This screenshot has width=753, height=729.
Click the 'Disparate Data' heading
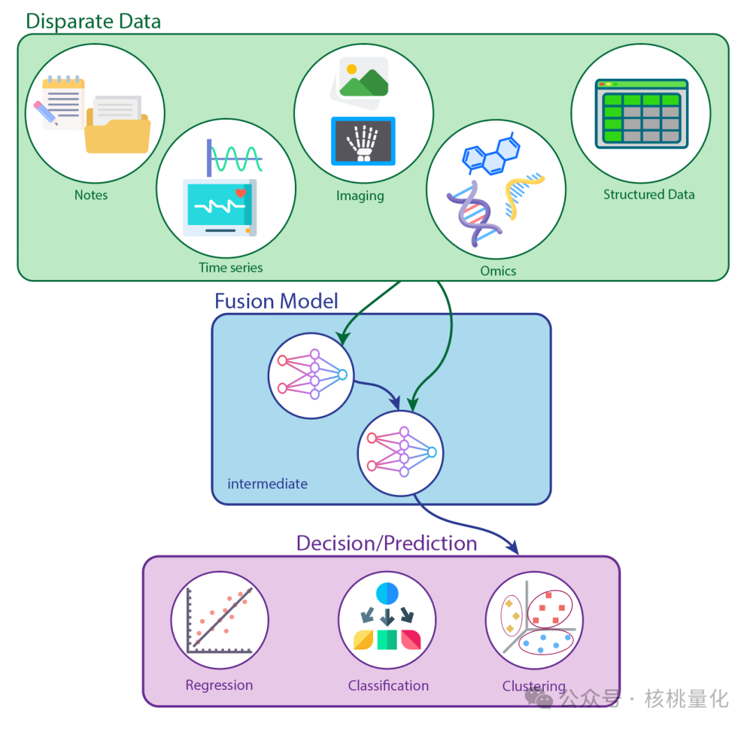(x=93, y=21)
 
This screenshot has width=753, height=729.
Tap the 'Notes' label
(x=91, y=195)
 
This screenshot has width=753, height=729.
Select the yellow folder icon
(x=117, y=126)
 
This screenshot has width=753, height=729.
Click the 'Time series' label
(x=231, y=267)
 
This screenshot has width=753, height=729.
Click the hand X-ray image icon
(x=363, y=141)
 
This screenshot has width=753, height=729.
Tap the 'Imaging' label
(x=360, y=196)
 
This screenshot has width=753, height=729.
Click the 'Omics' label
(x=498, y=270)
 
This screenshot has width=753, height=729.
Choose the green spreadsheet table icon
(x=641, y=114)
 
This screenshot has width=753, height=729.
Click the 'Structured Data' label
(x=648, y=194)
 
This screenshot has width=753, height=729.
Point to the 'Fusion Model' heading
(x=276, y=301)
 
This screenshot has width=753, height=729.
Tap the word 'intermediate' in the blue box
(x=267, y=484)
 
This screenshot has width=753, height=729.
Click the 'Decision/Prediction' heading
(x=386, y=543)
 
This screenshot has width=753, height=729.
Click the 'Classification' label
(x=388, y=686)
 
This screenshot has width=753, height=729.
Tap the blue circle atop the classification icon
(x=387, y=593)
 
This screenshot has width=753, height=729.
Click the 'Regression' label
(x=219, y=685)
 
